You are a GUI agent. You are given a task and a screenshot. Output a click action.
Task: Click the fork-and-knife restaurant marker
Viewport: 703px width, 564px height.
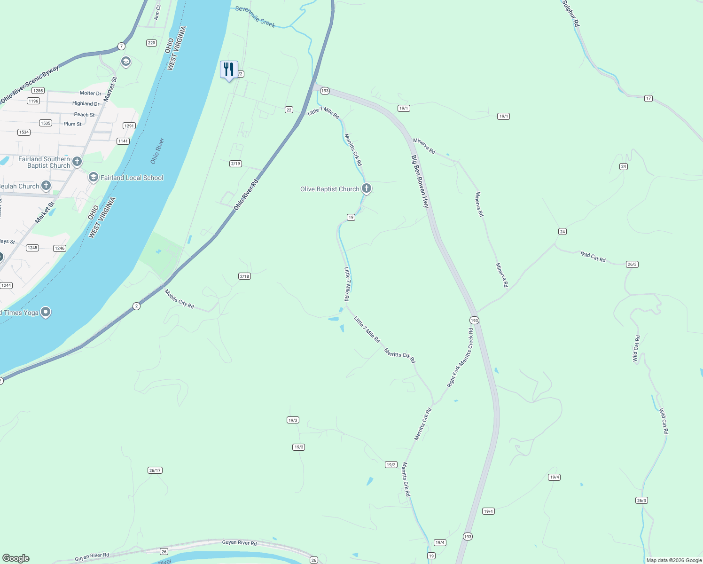[229, 70]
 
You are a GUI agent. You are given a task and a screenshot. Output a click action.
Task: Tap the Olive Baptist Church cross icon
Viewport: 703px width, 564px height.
[367, 188]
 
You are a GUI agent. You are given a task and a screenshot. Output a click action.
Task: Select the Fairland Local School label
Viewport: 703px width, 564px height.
[132, 178]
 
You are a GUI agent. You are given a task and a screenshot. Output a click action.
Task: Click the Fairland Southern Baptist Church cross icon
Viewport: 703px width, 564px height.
[77, 162]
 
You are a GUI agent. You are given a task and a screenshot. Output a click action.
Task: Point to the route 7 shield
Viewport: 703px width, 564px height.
[122, 46]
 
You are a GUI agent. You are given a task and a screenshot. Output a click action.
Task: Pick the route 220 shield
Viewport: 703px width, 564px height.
[151, 43]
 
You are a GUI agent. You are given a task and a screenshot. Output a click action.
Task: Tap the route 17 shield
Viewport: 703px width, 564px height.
[648, 98]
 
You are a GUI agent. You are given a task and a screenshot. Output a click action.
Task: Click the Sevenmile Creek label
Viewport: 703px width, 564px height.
[255, 16]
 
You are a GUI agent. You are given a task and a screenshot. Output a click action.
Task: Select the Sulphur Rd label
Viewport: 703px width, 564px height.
[571, 13]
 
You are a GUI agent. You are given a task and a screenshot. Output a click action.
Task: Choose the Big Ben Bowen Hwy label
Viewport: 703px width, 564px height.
[420, 181]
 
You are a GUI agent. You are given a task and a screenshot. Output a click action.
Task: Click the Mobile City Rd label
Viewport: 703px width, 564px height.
[179, 299]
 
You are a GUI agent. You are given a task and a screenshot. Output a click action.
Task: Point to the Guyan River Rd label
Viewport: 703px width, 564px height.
[239, 543]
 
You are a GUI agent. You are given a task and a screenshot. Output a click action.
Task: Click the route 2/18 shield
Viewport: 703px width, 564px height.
[244, 276]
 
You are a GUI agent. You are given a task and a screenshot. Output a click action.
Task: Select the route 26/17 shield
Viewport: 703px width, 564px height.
[155, 470]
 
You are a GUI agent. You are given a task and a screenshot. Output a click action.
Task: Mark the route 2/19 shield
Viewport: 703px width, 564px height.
[235, 164]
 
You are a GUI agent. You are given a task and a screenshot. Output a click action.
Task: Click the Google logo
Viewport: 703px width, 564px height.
[16, 558]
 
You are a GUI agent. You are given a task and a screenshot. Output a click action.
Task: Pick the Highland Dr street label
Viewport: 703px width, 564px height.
[86, 103]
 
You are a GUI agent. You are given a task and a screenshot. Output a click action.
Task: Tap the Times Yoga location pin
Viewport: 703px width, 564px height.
[46, 312]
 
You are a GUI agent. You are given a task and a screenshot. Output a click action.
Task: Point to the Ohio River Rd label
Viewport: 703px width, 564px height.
[246, 195]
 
